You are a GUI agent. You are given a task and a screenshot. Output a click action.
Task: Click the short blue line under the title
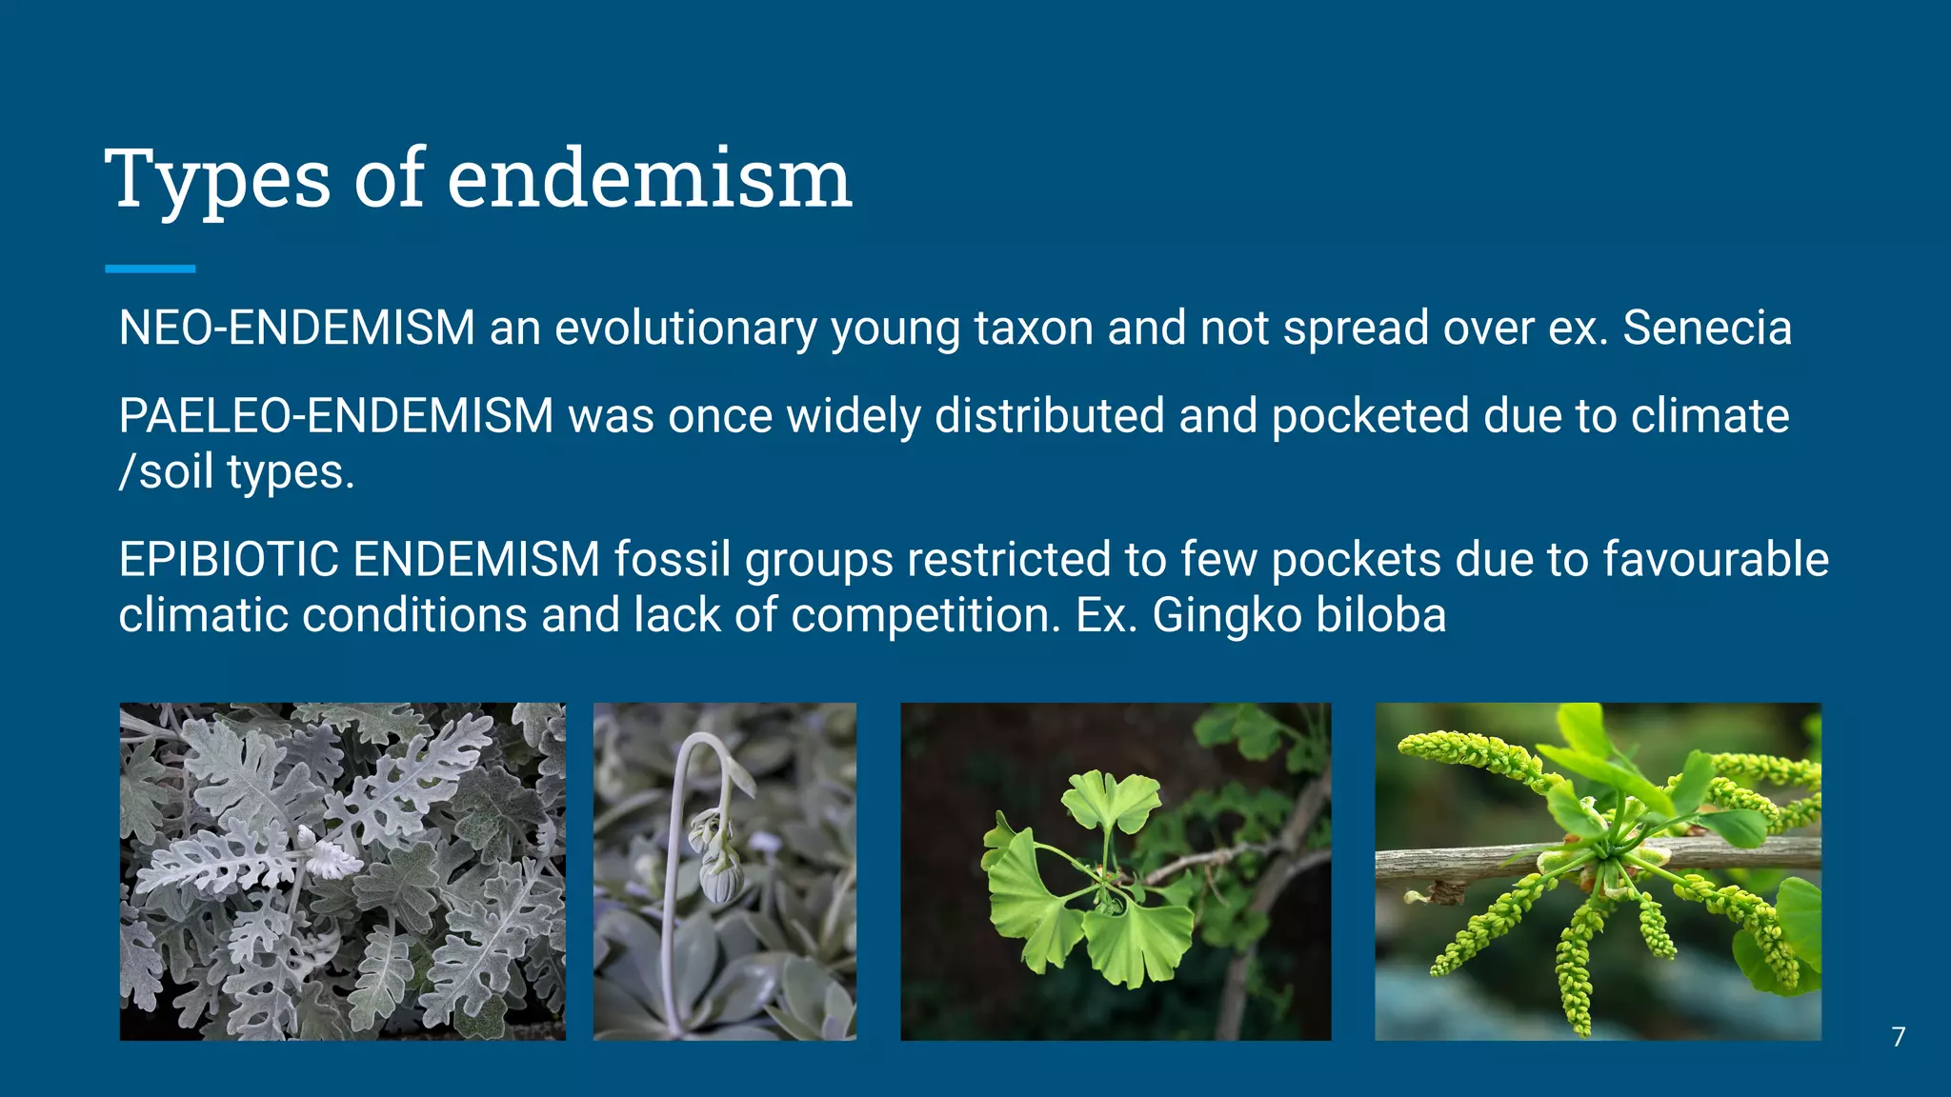(x=150, y=269)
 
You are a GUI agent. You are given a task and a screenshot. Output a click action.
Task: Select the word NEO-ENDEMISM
(x=296, y=328)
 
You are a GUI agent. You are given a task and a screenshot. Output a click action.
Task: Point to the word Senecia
(x=1706, y=328)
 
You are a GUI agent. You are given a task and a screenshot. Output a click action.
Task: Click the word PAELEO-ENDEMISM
(x=335, y=416)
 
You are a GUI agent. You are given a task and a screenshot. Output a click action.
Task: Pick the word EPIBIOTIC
(x=229, y=559)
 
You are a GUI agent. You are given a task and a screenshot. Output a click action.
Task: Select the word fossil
(x=672, y=559)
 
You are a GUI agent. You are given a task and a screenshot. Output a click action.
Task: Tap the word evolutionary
(x=685, y=328)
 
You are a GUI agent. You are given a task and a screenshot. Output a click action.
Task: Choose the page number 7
(x=1898, y=1036)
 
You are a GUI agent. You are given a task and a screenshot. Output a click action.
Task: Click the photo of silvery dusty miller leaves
(x=342, y=871)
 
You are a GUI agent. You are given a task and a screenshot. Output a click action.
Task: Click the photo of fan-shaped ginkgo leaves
(x=1116, y=871)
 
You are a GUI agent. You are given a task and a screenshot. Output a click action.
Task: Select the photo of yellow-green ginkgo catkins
(x=1598, y=871)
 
